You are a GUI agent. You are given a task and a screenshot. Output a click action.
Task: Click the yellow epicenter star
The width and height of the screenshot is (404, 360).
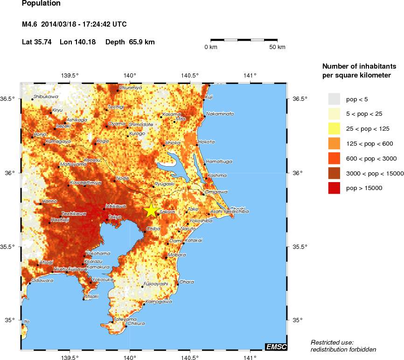point(151,210)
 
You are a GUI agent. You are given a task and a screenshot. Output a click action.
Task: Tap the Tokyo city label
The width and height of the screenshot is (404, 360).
point(115,217)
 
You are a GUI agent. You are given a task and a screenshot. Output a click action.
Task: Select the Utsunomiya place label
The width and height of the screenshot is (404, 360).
point(130,87)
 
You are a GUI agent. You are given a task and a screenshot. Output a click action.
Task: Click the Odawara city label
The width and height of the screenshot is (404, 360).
point(42,281)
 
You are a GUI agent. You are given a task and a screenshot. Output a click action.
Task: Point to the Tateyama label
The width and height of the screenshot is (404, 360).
point(118,319)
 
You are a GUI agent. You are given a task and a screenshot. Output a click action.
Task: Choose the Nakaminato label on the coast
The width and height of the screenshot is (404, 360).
point(220,114)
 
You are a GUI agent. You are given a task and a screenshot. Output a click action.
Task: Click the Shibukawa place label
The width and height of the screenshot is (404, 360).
point(46,97)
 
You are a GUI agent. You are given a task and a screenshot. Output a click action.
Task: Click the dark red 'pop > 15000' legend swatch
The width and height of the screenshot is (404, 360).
point(334,188)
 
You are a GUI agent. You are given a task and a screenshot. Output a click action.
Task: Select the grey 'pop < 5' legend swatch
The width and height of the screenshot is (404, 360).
point(334,99)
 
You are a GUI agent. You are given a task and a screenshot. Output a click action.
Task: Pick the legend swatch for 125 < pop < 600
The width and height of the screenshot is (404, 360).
point(334,143)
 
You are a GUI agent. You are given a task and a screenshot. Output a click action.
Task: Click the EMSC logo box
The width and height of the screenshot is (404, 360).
point(276,346)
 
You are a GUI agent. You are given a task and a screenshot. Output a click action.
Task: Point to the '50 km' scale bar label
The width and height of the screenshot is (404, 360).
point(277,48)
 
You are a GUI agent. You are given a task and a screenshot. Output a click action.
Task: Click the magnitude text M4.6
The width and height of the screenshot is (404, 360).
point(30,24)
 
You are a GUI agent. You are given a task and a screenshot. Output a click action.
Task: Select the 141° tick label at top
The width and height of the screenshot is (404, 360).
point(250,75)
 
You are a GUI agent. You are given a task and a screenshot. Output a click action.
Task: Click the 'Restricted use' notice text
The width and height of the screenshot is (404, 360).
point(332,342)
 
